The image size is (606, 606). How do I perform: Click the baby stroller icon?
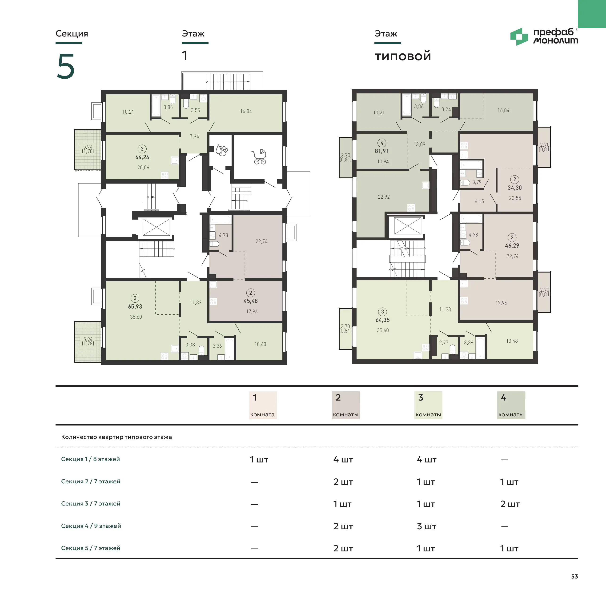pos(259,157)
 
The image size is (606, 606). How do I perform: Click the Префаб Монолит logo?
pos(544,36)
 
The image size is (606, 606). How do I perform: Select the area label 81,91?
pos(382,151)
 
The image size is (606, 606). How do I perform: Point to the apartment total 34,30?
pos(515,188)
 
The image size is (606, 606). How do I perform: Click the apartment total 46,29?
pos(512,246)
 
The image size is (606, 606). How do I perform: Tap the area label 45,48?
pos(251,301)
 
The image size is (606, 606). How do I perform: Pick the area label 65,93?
pos(135,306)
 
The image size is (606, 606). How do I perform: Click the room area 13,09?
pos(419,144)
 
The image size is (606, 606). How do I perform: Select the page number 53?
pos(574,576)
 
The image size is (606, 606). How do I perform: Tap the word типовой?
pos(403,56)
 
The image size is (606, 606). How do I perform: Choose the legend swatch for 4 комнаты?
pos(511,405)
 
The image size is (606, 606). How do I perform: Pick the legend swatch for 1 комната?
pos(263,405)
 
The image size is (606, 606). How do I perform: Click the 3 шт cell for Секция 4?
pos(426,526)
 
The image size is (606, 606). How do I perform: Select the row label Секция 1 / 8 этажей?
pos(90,459)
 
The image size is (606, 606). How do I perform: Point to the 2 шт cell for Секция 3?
pos(510,504)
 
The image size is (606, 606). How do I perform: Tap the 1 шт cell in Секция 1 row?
pos(259,460)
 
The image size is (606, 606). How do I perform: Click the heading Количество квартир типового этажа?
pos(116,437)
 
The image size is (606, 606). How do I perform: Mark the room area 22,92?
pos(384,197)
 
